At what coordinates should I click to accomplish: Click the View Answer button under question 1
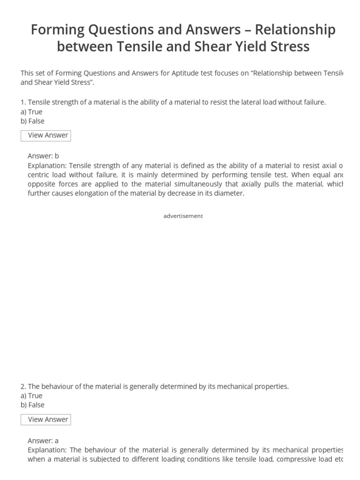(46, 135)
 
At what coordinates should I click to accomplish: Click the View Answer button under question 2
(46, 420)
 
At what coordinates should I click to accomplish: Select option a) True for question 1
(31, 112)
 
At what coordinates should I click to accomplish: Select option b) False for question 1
(32, 121)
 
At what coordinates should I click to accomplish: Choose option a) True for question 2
(31, 396)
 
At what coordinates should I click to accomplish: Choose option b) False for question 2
(32, 405)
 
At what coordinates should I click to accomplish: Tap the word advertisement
(183, 216)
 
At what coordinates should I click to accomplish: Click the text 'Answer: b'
(43, 156)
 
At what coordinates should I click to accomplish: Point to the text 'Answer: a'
(43, 441)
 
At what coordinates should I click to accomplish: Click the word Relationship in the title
(295, 30)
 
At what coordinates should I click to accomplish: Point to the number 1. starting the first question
(23, 102)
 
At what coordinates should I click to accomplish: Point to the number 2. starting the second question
(23, 386)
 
